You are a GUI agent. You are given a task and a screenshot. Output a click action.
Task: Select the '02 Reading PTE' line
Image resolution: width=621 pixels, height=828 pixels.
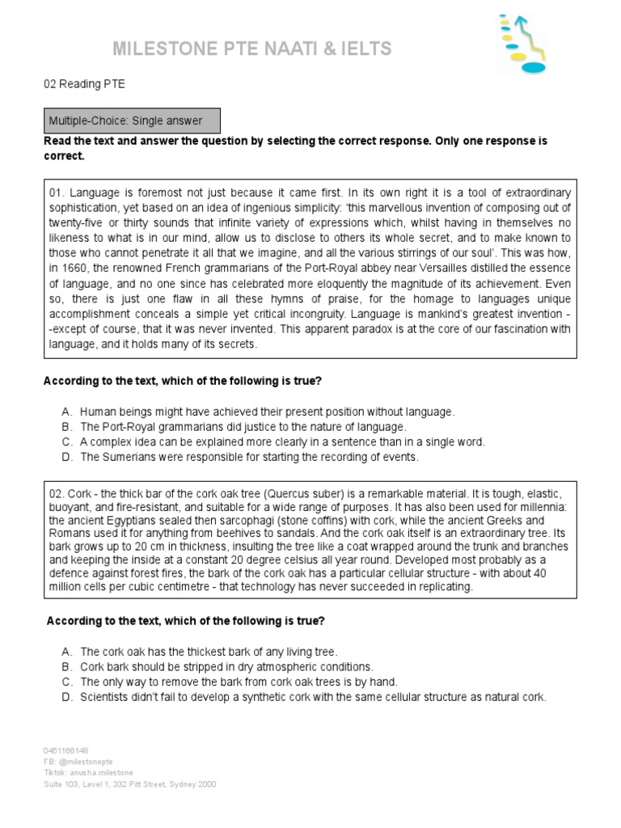click(84, 83)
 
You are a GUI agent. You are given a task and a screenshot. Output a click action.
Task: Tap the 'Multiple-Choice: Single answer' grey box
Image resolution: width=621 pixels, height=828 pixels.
click(134, 121)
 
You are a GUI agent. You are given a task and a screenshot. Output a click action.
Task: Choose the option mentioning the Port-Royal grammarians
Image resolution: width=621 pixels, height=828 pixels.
click(243, 426)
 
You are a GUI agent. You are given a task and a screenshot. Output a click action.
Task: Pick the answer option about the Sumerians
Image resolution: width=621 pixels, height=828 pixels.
click(249, 457)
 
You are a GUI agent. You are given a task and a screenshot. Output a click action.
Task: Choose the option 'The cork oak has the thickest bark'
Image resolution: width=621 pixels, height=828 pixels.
click(208, 651)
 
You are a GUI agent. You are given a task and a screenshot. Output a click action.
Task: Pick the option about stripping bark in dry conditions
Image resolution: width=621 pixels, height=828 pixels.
click(226, 666)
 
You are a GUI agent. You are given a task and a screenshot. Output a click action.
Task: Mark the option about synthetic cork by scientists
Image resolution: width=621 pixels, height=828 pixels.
click(313, 697)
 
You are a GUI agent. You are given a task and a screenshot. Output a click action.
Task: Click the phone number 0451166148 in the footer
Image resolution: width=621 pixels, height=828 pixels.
click(65, 750)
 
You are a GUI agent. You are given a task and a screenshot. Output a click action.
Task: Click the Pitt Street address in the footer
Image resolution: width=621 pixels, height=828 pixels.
click(129, 784)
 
